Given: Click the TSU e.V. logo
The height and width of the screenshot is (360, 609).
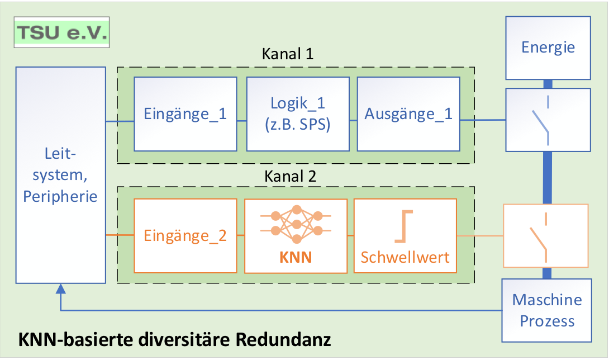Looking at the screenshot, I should (x=61, y=34).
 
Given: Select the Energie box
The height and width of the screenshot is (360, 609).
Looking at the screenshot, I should (x=548, y=48).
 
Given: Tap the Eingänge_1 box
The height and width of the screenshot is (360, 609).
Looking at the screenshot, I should (x=185, y=113).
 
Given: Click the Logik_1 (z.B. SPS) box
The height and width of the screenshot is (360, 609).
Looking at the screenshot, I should (x=298, y=113).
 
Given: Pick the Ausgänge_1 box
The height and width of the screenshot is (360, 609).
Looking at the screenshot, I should (x=408, y=113).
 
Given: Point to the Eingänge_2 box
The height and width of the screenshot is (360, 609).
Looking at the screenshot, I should (x=185, y=235).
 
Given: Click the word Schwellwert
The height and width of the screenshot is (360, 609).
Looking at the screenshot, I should (x=405, y=258).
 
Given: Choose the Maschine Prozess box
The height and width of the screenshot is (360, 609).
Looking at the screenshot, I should (x=547, y=310).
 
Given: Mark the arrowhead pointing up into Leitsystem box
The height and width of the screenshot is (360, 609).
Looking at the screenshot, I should (x=60, y=289).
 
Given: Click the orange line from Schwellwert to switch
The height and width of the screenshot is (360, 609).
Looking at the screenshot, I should (x=480, y=235).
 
